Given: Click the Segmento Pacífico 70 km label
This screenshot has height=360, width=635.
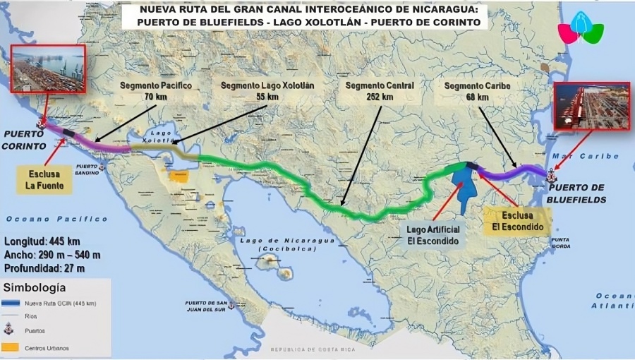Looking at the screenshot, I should pos(155,91).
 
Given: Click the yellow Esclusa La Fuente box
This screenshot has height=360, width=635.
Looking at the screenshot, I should pos(44,179).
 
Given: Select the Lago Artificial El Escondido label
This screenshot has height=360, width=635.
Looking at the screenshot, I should pos(433,235).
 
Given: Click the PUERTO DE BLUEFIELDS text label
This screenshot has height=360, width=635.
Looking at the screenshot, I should pos(577,193).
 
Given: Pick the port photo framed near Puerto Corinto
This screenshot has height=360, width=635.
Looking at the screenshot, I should pos(47,69).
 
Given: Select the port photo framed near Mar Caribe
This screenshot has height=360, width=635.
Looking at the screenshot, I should pos(591,107).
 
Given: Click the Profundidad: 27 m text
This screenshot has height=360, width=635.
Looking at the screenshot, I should pos(44,268).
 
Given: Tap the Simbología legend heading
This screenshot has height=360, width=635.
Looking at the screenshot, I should pos(35,288).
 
